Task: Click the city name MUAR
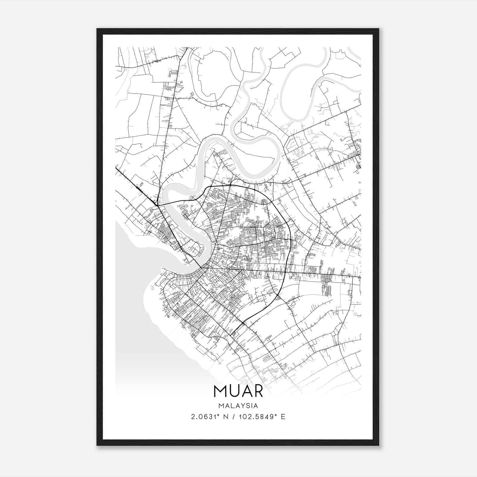[238, 391]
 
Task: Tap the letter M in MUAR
[220, 391]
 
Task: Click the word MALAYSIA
[238, 406]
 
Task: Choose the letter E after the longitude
[283, 417]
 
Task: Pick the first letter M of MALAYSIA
[221, 406]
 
